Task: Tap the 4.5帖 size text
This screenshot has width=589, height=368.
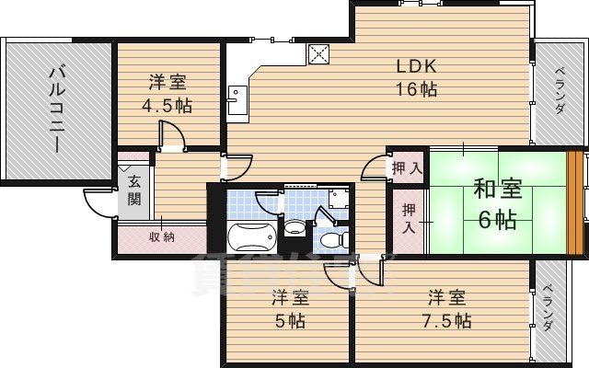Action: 167,105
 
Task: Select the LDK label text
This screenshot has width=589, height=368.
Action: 415,67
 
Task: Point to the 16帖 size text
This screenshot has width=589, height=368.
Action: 415,89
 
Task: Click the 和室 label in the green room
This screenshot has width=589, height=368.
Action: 497,190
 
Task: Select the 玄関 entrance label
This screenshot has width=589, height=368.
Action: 134,190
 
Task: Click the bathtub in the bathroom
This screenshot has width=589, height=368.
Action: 250,237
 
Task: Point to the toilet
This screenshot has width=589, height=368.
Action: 331,238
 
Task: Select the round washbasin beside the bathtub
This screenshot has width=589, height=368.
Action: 294,227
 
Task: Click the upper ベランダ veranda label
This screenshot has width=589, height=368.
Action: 559,93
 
